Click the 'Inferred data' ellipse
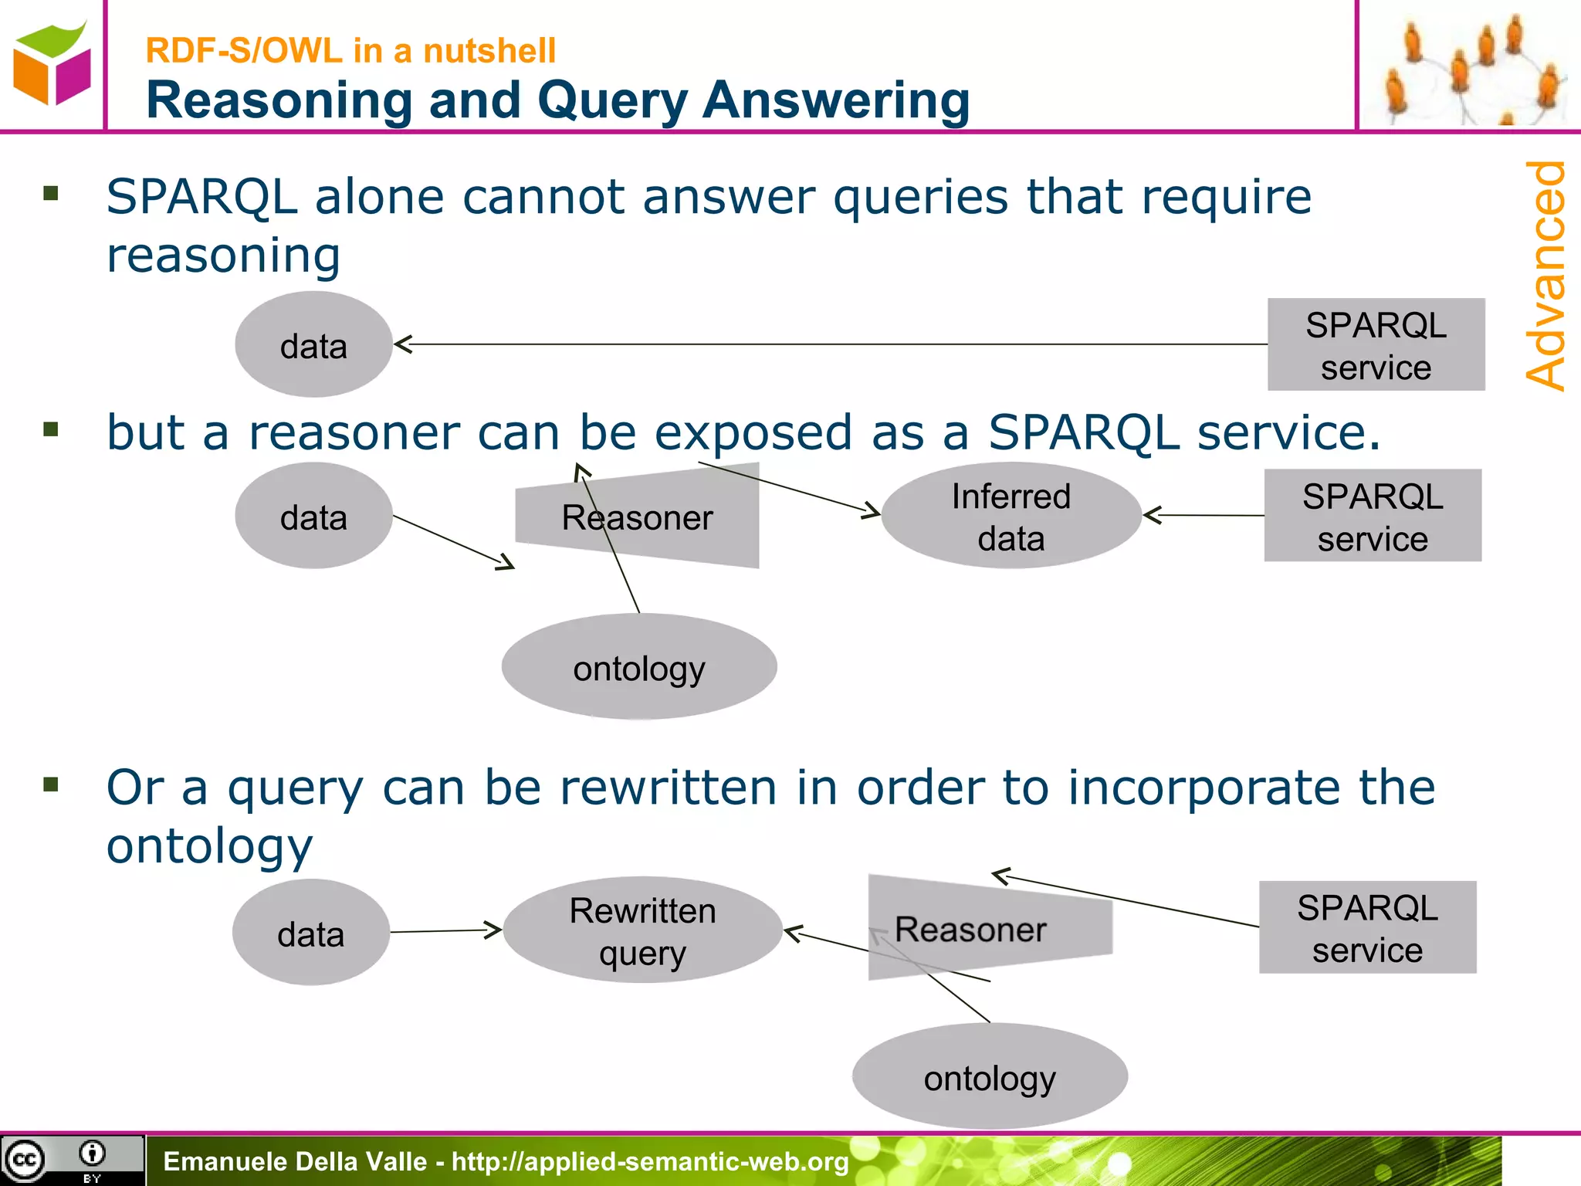pyautogui.click(x=1011, y=516)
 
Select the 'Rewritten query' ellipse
pyautogui.click(x=642, y=930)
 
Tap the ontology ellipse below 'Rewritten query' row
pyautogui.click(x=990, y=1076)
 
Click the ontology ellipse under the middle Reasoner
pyautogui.click(x=639, y=667)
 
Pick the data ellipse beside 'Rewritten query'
pyautogui.click(x=310, y=933)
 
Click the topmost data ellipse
pyautogui.click(x=313, y=345)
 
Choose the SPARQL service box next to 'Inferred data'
pyautogui.click(x=1373, y=516)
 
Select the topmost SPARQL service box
pyautogui.click(x=1376, y=345)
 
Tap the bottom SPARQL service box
pyautogui.click(x=1367, y=927)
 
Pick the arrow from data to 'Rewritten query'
pyautogui.click(x=445, y=931)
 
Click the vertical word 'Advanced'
pyautogui.click(x=1546, y=276)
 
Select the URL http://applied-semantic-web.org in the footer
pyautogui.click(x=650, y=1161)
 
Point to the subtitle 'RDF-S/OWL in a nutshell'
pyautogui.click(x=350, y=51)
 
